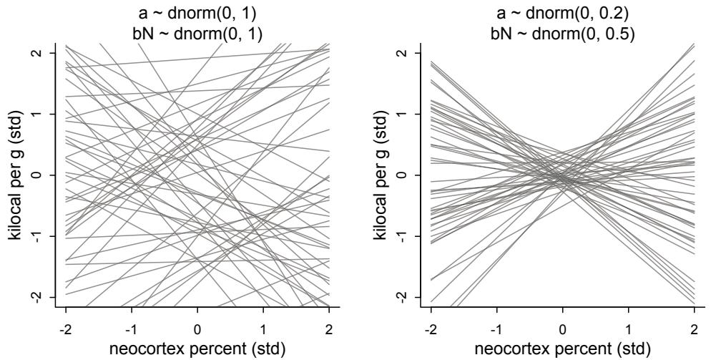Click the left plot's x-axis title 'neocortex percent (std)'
(x=198, y=349)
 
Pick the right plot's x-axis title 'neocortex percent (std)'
(x=563, y=349)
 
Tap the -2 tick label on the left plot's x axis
(x=65, y=326)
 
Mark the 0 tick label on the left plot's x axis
(x=198, y=326)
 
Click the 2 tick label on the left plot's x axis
(x=330, y=326)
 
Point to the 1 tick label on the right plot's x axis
(x=629, y=326)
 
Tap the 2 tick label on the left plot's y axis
(x=41, y=53)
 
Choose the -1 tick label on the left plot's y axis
(x=41, y=236)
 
